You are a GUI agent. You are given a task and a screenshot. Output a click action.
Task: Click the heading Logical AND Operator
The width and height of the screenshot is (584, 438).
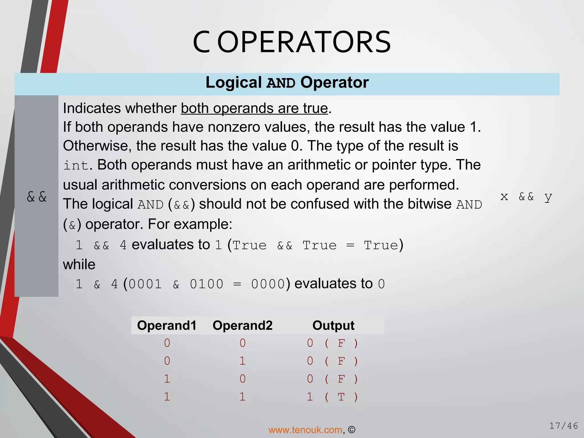click(287, 83)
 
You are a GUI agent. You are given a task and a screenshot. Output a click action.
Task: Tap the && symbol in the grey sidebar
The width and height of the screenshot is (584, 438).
click(36, 197)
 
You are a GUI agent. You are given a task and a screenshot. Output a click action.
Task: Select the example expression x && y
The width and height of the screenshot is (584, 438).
click(526, 197)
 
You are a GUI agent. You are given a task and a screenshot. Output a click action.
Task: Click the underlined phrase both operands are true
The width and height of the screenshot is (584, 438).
click(254, 109)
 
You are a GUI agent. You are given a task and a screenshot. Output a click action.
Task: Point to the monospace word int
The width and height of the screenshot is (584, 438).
click(76, 165)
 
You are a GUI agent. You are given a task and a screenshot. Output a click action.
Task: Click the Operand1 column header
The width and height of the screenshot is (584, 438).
click(167, 325)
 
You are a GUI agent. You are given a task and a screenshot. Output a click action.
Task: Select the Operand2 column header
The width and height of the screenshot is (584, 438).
click(242, 325)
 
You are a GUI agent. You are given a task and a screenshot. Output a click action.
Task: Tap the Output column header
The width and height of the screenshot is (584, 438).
click(333, 325)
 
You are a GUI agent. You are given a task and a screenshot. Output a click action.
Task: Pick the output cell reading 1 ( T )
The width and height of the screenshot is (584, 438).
click(332, 397)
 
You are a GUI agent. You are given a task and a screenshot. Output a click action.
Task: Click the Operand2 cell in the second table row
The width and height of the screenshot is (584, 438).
click(242, 361)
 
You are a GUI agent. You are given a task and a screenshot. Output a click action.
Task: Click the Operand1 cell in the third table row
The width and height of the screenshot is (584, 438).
click(167, 379)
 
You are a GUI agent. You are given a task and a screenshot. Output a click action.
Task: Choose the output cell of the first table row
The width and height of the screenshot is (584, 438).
click(332, 343)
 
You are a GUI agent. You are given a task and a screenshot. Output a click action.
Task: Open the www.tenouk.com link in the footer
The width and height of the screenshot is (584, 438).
click(305, 430)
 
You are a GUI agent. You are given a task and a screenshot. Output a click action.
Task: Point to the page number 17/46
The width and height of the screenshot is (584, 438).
click(563, 426)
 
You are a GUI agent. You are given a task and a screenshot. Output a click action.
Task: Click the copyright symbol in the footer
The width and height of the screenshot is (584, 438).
click(352, 430)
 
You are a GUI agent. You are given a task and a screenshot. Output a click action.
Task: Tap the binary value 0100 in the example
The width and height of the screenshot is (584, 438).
click(206, 284)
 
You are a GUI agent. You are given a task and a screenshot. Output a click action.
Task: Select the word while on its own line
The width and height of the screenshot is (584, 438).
click(79, 265)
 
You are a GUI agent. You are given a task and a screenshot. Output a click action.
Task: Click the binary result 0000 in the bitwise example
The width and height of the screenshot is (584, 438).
click(268, 284)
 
